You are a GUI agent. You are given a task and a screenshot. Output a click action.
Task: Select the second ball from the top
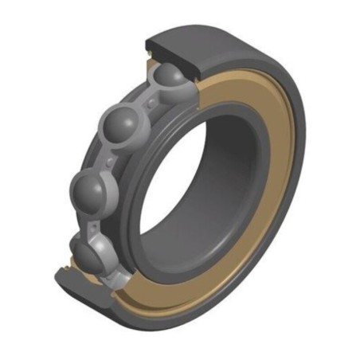click(x=121, y=127)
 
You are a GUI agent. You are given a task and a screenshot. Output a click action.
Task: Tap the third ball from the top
click(x=91, y=190)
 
